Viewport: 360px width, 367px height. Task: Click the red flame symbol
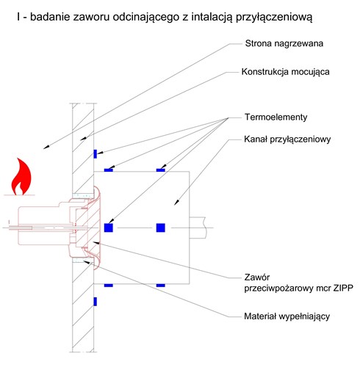(x=21, y=177)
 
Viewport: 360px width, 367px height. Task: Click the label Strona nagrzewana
(x=284, y=43)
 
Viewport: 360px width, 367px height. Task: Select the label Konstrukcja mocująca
(x=285, y=72)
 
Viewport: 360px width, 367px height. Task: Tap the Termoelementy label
(x=276, y=117)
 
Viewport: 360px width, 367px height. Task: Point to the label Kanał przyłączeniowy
(x=287, y=139)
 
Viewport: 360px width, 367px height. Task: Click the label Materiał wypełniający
(x=287, y=316)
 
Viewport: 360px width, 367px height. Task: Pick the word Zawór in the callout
(x=257, y=277)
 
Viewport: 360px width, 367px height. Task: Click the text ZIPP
(x=343, y=288)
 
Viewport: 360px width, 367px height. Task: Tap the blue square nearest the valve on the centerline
(x=109, y=228)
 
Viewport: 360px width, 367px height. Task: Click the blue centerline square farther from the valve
(x=161, y=228)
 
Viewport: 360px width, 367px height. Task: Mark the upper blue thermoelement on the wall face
(x=96, y=154)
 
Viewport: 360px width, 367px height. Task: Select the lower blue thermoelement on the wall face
(x=96, y=302)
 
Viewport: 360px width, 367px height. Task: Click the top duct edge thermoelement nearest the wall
(x=109, y=170)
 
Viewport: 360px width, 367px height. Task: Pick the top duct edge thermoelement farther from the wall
(x=161, y=170)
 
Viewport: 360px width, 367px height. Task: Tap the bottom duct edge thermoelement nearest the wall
(x=109, y=286)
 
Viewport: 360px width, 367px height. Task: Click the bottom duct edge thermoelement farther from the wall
(x=161, y=286)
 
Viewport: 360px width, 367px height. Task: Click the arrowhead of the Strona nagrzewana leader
(x=46, y=147)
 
